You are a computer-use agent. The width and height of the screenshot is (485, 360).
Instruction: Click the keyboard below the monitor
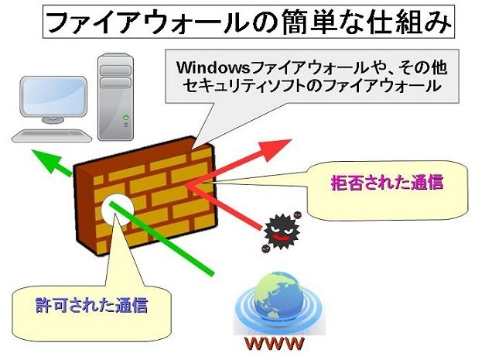click(46, 135)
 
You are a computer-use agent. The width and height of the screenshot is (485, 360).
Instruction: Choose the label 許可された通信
click(91, 303)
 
